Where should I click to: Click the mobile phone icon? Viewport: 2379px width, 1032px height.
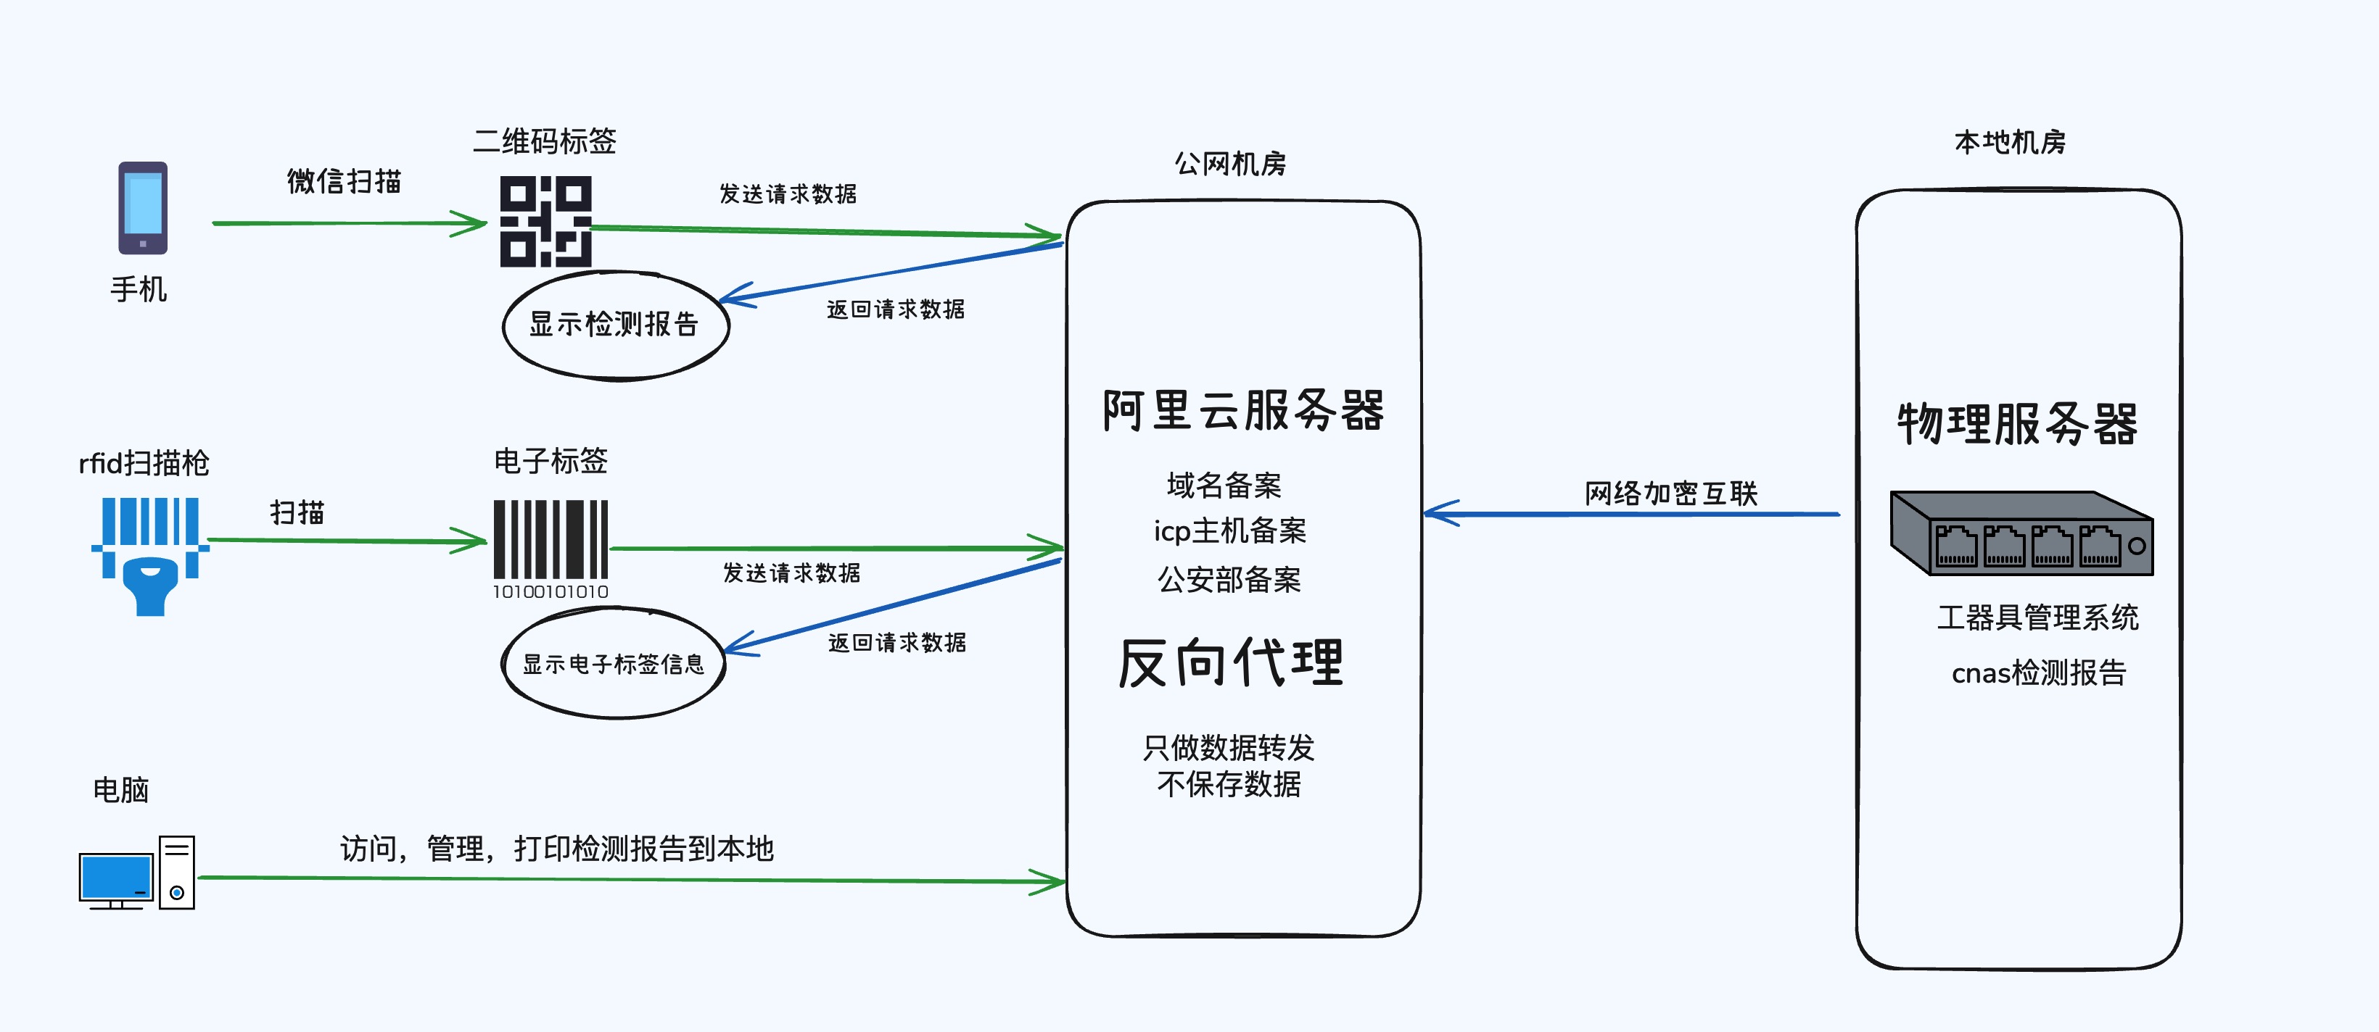(x=142, y=208)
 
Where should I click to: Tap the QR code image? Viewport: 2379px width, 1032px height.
(x=546, y=222)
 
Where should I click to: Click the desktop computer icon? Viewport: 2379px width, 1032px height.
(x=136, y=873)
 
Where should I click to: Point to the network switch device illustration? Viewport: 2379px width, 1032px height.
(x=2021, y=533)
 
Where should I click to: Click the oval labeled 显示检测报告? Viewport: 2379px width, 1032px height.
(x=615, y=325)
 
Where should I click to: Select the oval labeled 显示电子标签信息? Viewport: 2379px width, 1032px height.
(x=613, y=663)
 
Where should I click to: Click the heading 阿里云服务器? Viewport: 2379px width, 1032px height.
(x=1243, y=411)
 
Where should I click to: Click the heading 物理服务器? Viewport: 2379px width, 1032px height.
(x=2018, y=425)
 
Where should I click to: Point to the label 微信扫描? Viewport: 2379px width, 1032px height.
(x=344, y=181)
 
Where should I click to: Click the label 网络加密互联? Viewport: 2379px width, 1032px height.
(x=1670, y=494)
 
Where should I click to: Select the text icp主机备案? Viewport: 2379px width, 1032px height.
(x=1230, y=530)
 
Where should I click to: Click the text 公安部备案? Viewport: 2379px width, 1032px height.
(x=1229, y=580)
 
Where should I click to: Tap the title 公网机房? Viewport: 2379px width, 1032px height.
(x=1230, y=165)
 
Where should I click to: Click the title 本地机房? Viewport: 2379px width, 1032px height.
(x=2010, y=142)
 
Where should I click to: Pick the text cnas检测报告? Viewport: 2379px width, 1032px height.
(x=2038, y=673)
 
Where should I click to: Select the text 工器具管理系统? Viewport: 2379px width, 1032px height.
(x=2037, y=617)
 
